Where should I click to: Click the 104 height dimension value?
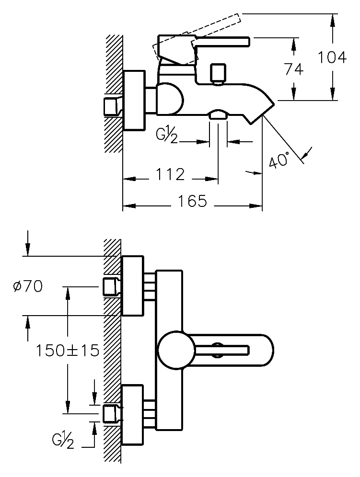(332, 57)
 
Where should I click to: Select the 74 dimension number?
(293, 69)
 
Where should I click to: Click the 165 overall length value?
(192, 201)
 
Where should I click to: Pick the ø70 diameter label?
(28, 286)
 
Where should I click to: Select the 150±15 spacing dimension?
(68, 350)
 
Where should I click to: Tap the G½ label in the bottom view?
(64, 439)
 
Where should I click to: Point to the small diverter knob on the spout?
(218, 73)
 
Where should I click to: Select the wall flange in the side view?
(134, 100)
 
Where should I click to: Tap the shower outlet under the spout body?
(218, 114)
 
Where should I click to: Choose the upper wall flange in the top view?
(133, 286)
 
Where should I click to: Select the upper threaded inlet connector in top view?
(112, 286)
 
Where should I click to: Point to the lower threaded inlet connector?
(112, 413)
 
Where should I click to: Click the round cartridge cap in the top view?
(176, 350)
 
